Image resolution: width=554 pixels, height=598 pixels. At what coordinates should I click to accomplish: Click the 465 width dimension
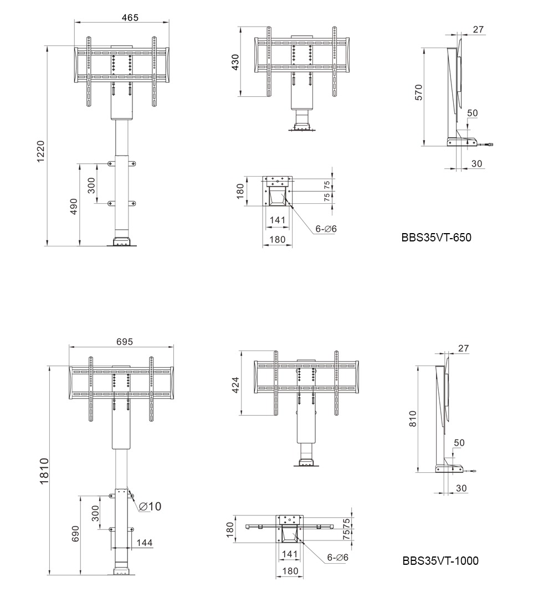pos(130,18)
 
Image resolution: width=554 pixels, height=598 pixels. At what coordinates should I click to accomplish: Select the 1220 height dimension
pos(40,151)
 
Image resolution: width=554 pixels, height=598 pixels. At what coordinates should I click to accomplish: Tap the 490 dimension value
pos(74,207)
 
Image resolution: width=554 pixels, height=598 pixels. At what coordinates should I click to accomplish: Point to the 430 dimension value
pos(235,62)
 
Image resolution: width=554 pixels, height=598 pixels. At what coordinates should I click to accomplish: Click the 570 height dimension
pos(419,92)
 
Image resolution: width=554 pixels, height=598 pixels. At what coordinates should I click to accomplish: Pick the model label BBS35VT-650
pos(436,238)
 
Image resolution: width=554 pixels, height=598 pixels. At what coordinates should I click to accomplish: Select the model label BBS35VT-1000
pos(440,560)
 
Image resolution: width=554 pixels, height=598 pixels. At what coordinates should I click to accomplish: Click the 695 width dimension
pos(125,342)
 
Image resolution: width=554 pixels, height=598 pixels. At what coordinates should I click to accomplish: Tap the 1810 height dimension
pos(44,471)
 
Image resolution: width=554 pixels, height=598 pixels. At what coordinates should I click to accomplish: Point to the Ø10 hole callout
pos(150,507)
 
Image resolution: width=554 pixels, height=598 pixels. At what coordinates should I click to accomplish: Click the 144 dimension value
pos(144,543)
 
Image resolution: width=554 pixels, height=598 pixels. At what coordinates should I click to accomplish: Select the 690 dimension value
pos(75,534)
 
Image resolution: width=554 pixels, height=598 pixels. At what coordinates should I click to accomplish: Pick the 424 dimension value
pos(235,385)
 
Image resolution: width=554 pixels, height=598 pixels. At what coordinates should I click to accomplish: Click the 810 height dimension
pos(412,419)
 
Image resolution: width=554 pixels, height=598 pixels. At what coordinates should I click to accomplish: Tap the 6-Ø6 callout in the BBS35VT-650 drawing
pos(326,229)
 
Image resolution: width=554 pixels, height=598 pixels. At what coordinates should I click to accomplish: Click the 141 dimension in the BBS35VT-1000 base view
pos(290,554)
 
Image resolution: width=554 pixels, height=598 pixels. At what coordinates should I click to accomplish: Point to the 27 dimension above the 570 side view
pos(478,29)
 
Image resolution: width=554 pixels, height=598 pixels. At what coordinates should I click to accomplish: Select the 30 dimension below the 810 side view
pos(461,488)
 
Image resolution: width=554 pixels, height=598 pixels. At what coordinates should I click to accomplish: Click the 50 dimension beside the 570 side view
pos(473,113)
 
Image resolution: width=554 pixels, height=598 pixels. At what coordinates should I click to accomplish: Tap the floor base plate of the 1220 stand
pos(122,242)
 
